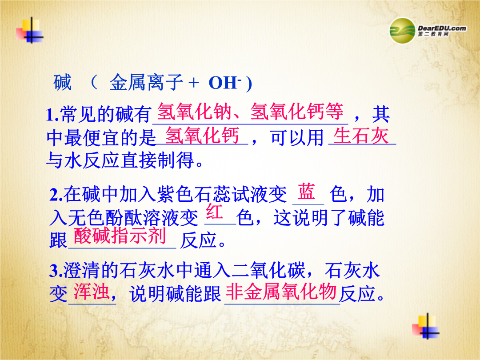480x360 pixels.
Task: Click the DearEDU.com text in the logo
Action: (442, 28)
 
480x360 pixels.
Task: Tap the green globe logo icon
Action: (402, 31)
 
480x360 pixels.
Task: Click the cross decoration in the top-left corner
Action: (30, 30)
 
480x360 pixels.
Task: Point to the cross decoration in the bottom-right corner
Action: (426, 326)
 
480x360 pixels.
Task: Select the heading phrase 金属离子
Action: (146, 83)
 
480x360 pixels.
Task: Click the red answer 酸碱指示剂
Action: (120, 236)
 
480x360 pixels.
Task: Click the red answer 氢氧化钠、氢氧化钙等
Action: (250, 111)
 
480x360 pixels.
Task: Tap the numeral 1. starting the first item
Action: (52, 115)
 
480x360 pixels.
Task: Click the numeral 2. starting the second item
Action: (56, 195)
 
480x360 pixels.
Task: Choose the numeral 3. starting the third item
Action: (56, 271)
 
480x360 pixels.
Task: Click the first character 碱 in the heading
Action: (63, 83)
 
